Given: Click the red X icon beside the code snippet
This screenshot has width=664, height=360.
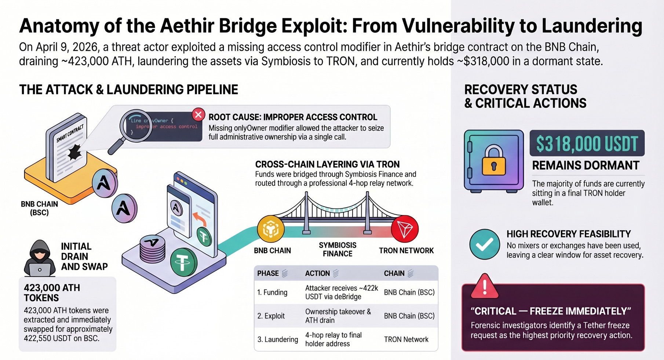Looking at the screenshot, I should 198,115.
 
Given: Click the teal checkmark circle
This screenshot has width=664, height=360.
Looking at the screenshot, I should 485,244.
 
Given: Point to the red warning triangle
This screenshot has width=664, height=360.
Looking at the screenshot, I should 485,286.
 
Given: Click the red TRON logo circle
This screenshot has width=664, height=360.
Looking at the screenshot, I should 405,229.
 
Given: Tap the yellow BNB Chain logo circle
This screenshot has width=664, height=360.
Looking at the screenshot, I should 271,229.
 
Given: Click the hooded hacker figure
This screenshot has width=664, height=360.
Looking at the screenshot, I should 39,258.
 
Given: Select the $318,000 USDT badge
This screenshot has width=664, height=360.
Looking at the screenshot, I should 587,143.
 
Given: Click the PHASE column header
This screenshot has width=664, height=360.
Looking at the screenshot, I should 268,273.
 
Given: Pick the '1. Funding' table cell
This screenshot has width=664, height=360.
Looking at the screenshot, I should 272,292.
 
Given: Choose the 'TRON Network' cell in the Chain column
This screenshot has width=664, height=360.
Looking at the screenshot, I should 406,339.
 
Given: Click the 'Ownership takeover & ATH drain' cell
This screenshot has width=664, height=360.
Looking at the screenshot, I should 338,316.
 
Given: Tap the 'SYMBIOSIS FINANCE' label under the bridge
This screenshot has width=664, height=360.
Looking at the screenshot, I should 338,250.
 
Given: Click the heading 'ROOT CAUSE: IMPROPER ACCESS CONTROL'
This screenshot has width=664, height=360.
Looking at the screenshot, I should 293,117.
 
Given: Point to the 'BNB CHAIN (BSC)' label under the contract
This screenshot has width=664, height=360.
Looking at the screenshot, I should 39,208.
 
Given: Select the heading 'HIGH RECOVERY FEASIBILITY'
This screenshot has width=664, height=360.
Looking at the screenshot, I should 569,234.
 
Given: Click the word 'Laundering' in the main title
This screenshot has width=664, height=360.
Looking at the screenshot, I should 592,26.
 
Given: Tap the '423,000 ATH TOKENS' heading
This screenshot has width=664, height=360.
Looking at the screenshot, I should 52,293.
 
